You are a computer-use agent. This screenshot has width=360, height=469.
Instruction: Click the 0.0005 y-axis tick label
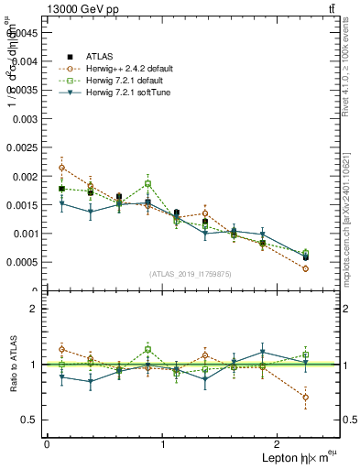[23, 262]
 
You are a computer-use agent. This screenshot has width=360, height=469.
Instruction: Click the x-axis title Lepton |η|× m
[293, 457]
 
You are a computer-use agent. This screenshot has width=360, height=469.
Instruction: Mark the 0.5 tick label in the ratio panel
[30, 420]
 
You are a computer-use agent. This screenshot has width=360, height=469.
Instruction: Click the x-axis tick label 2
[278, 443]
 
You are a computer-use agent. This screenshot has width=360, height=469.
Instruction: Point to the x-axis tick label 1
[162, 443]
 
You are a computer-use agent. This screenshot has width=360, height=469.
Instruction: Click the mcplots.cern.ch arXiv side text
[348, 202]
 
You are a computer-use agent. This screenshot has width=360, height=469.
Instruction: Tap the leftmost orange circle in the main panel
[61, 168]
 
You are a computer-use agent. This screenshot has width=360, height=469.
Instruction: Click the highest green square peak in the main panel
[147, 183]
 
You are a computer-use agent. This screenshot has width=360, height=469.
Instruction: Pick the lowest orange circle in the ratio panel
[305, 397]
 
